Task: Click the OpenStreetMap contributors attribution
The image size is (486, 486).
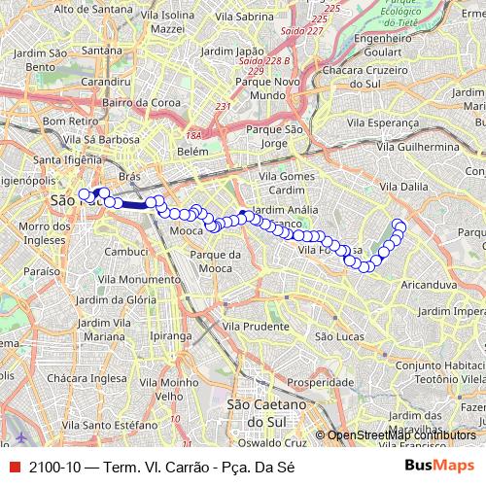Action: pyautogui.click(x=399, y=435)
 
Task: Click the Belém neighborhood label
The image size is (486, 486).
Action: pyautogui.click(x=193, y=153)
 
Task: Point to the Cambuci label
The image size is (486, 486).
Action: pyautogui.click(x=125, y=251)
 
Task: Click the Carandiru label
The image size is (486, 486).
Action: pyautogui.click(x=107, y=83)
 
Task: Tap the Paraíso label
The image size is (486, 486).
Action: pyautogui.click(x=41, y=271)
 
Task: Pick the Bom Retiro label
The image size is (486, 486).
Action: pyautogui.click(x=65, y=121)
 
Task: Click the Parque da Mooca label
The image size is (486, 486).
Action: pyautogui.click(x=215, y=260)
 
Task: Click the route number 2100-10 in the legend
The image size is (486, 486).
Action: pyautogui.click(x=55, y=467)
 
